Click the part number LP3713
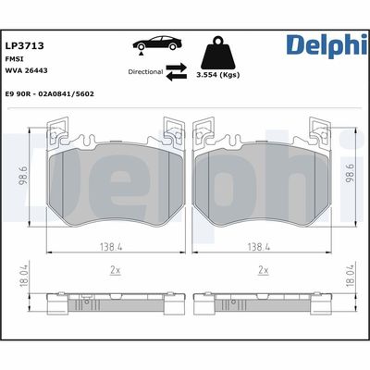[x=25, y=44]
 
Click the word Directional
[x=145, y=70]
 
